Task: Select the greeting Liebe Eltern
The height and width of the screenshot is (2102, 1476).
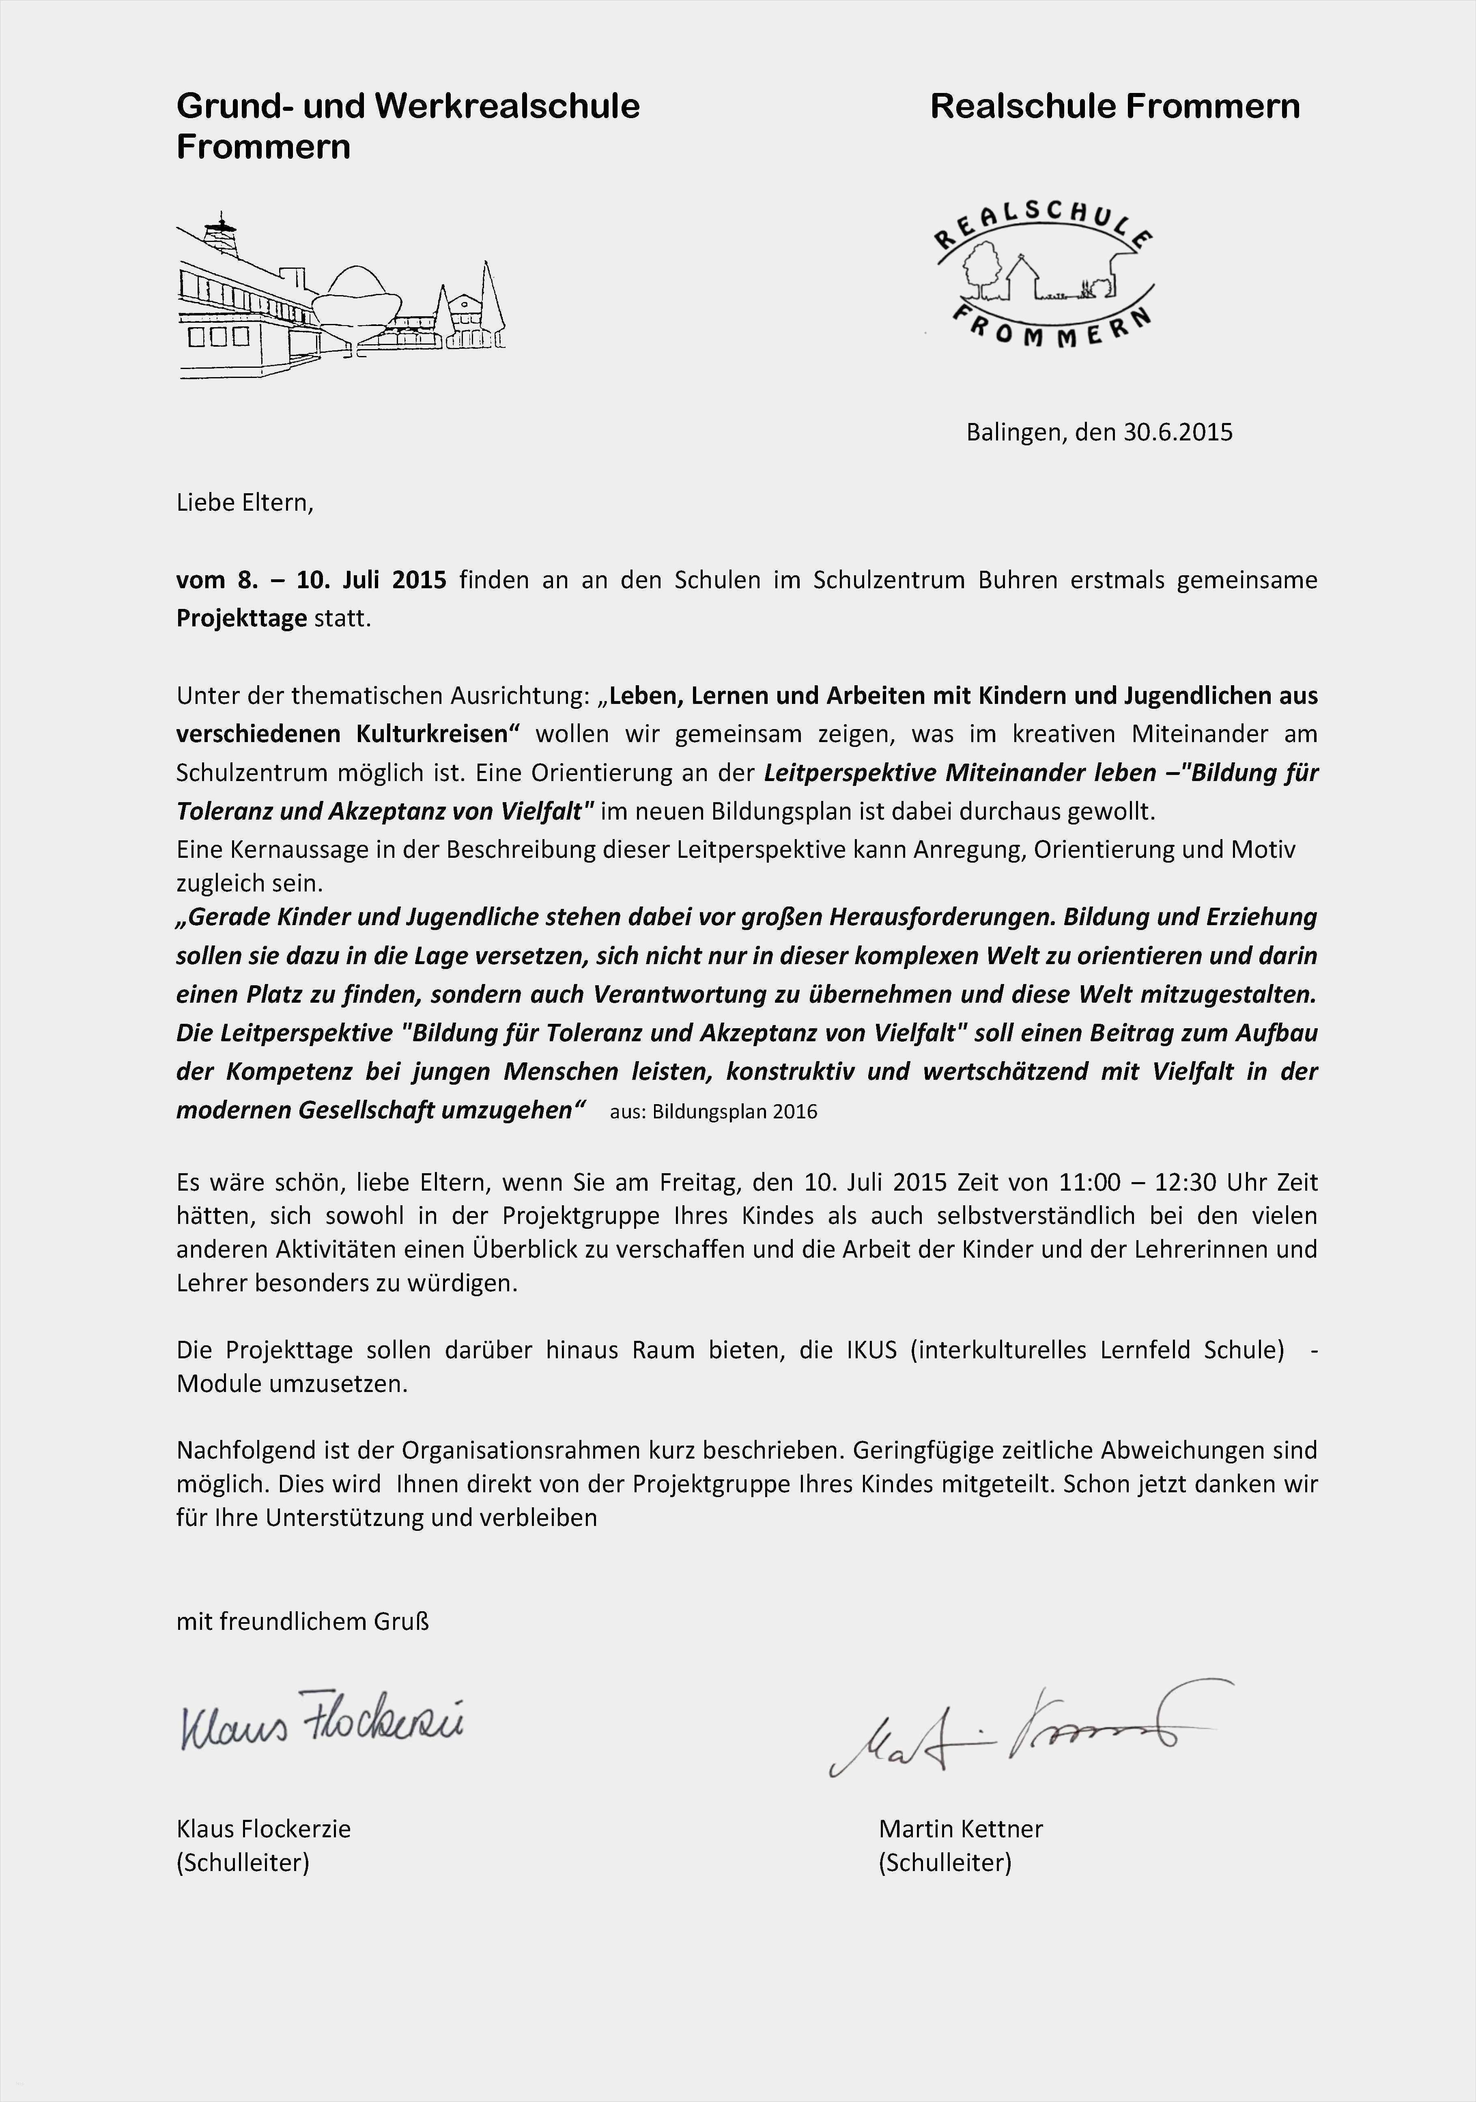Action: point(244,503)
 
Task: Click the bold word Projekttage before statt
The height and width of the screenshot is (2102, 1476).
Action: point(241,619)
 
